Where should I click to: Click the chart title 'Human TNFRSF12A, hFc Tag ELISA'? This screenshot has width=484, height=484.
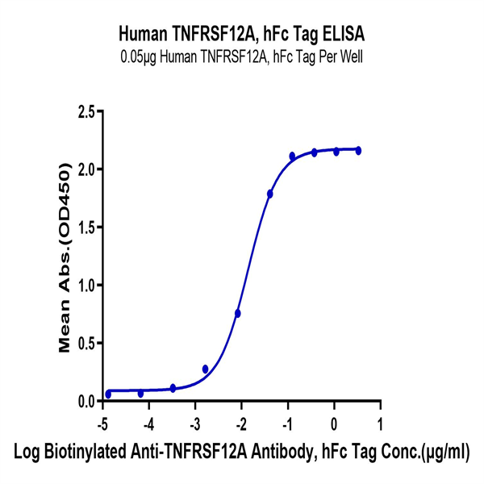pos(242,34)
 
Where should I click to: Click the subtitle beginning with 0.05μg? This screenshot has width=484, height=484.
pos(242,55)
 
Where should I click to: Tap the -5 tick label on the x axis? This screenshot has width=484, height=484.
pos(102,423)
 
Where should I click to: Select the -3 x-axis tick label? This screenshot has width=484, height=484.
pos(194,423)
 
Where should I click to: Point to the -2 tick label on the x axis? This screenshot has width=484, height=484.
pos(240,423)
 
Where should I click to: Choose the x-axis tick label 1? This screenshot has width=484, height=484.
pos(380,423)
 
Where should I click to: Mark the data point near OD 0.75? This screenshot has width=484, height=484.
pos(238,313)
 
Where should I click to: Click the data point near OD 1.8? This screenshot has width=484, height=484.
pos(270,194)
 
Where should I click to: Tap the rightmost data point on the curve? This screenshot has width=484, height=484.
pos(358,150)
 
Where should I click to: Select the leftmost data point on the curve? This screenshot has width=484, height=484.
pos(108,394)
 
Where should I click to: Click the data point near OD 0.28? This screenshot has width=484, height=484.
pos(206,369)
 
